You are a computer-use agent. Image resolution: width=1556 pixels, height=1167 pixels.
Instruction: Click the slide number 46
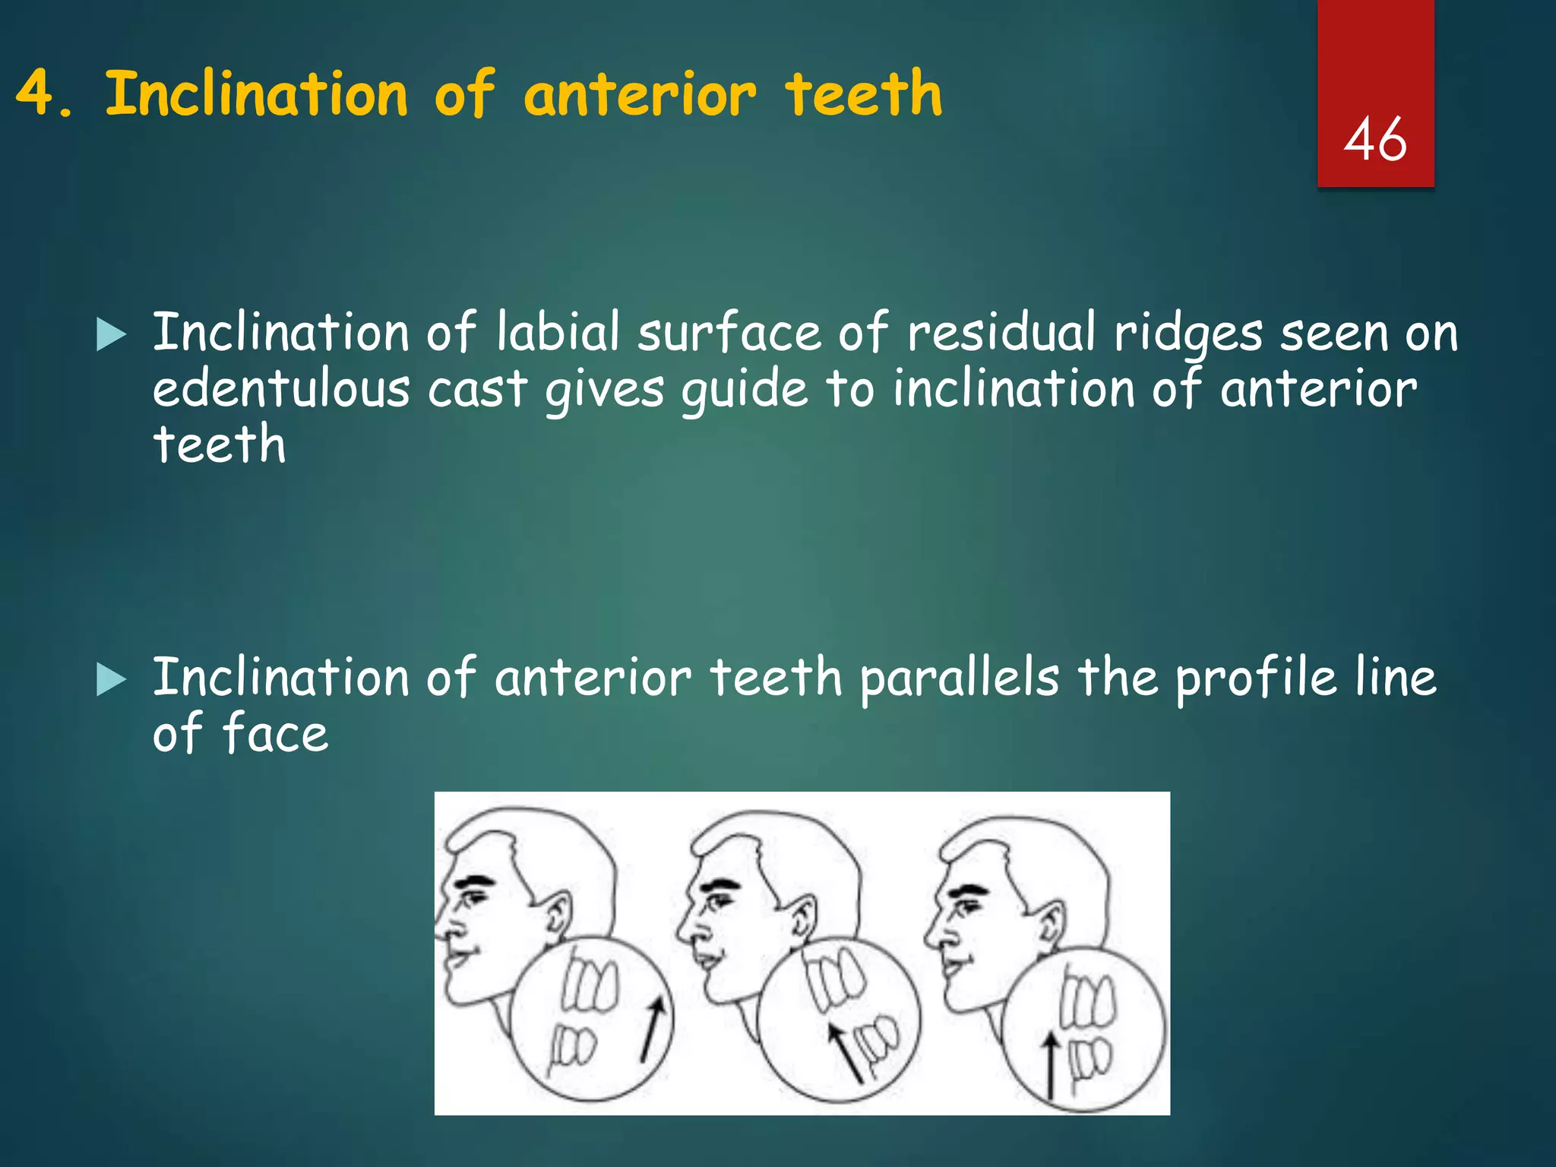[1375, 140]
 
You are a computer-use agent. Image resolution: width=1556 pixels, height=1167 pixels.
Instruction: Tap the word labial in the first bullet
[558, 333]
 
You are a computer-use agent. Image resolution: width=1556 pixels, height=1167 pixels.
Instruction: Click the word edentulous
[280, 389]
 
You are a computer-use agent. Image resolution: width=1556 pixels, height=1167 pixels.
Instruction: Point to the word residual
[1001, 333]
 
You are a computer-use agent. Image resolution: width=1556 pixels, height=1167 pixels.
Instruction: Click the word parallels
[959, 678]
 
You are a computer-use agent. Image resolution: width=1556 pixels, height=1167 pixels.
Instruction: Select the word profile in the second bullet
[1254, 678]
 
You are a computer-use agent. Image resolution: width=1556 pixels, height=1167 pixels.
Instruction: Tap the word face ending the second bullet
[275, 734]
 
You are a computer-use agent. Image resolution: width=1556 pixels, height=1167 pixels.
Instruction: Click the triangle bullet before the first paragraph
[111, 335]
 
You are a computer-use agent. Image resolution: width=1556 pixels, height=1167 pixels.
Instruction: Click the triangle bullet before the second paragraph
[111, 679]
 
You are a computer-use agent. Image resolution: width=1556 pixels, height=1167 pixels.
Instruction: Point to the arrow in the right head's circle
[1051, 1064]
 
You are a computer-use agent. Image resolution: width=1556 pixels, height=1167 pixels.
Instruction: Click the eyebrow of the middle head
[721, 886]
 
